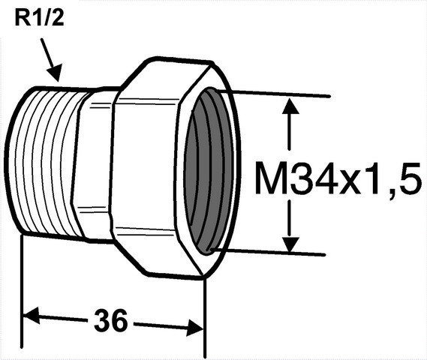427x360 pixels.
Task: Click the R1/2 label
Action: (39, 18)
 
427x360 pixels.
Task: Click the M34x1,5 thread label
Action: (338, 178)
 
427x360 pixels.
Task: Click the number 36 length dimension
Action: (110, 320)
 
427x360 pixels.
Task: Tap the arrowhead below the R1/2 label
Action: (55, 73)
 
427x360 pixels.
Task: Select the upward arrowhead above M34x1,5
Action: (290, 106)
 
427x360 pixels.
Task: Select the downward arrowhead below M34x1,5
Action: (290, 244)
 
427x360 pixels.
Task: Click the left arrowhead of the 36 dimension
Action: (32, 315)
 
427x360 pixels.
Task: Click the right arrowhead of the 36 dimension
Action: (195, 328)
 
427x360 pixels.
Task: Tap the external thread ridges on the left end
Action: (47, 163)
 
